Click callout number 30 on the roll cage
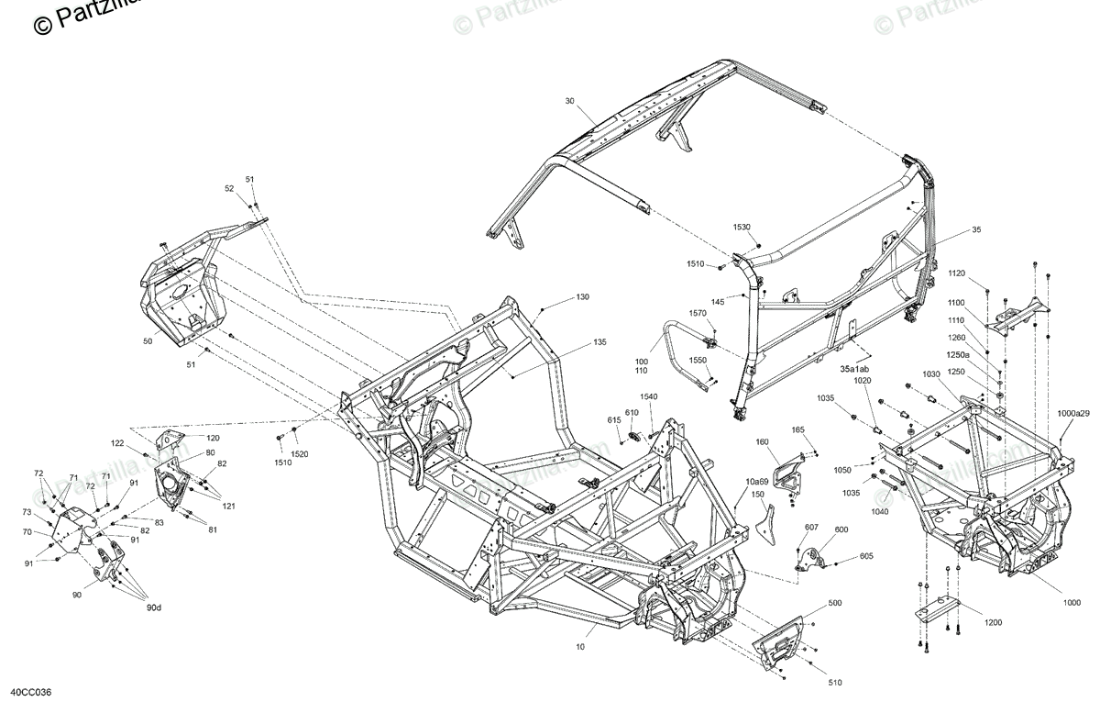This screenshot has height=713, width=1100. pyautogui.click(x=569, y=101)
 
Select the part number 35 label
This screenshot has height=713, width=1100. pyautogui.click(x=976, y=229)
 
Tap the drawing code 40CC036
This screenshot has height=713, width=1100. pyautogui.click(x=31, y=694)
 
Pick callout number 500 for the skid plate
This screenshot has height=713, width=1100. pyautogui.click(x=835, y=604)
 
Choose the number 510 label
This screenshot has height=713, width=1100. pyautogui.click(x=835, y=683)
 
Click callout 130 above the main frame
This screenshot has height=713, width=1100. pyautogui.click(x=583, y=297)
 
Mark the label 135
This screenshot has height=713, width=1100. pyautogui.click(x=599, y=342)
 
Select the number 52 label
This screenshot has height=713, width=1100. pyautogui.click(x=230, y=188)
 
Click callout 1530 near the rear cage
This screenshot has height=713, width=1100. pyautogui.click(x=742, y=227)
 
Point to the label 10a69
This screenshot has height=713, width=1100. pyautogui.click(x=756, y=482)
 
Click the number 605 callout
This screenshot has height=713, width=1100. pyautogui.click(x=866, y=557)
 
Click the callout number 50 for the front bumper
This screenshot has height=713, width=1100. pyautogui.click(x=148, y=340)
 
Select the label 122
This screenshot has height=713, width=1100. pyautogui.click(x=117, y=443)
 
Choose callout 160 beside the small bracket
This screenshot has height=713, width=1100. pyautogui.click(x=762, y=442)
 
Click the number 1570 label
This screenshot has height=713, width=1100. pyautogui.click(x=698, y=313)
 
